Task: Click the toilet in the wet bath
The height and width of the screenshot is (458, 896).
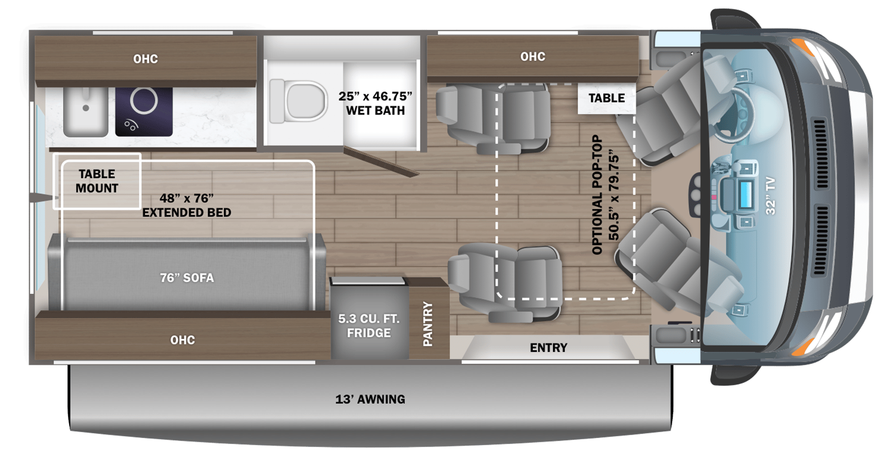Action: point(299,102)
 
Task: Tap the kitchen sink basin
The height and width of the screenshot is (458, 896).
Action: point(86,111)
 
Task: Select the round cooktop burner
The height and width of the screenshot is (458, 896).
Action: point(144,101)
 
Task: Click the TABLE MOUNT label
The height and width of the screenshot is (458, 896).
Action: point(97,181)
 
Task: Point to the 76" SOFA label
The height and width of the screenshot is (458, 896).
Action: point(187,278)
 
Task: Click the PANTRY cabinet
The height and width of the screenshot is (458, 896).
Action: point(428,324)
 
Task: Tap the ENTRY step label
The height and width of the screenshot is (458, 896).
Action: point(549,348)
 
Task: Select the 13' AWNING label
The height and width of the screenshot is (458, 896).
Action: point(370,399)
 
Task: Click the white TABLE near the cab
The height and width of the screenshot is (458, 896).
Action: point(606,98)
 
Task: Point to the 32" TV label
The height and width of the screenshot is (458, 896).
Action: point(771,196)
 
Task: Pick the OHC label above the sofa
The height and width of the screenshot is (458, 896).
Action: point(183,340)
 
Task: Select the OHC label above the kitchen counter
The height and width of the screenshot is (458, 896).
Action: point(145,59)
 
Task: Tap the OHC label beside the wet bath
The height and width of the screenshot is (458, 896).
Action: point(533,56)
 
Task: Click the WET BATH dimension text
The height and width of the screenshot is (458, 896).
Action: point(375,103)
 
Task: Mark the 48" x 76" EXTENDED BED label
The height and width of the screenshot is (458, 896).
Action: point(187,205)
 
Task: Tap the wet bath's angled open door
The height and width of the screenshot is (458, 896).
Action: point(381,162)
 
